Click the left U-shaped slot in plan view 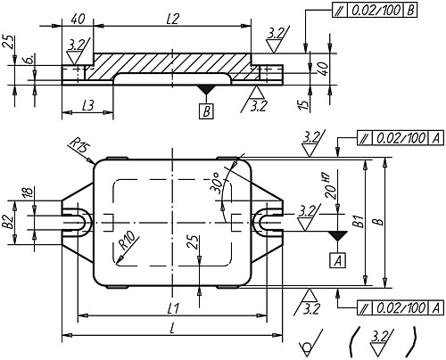click(x=75, y=222)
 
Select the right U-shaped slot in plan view click(x=269, y=222)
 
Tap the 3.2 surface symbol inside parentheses click(x=382, y=340)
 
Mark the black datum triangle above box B click(x=206, y=90)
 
